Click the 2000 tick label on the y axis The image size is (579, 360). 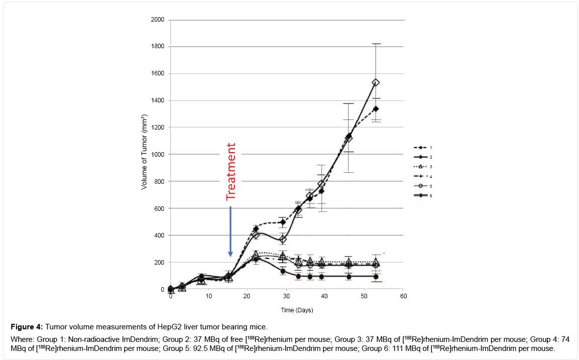tap(158, 20)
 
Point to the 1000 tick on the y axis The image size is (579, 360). tap(158, 155)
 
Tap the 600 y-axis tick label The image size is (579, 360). tap(159, 208)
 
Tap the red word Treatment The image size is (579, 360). tap(230, 172)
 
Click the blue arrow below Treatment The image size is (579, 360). tap(230, 231)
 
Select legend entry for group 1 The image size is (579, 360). tap(422, 148)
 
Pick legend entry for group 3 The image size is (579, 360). tap(422, 166)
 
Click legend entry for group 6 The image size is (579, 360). tap(422, 195)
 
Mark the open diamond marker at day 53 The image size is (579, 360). tap(376, 82)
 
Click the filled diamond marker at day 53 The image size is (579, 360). tap(376, 109)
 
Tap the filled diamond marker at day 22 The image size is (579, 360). tap(256, 229)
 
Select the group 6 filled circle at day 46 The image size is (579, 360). tap(349, 277)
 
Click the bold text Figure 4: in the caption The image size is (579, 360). tap(26, 327)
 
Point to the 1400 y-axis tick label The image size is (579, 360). tap(158, 101)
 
